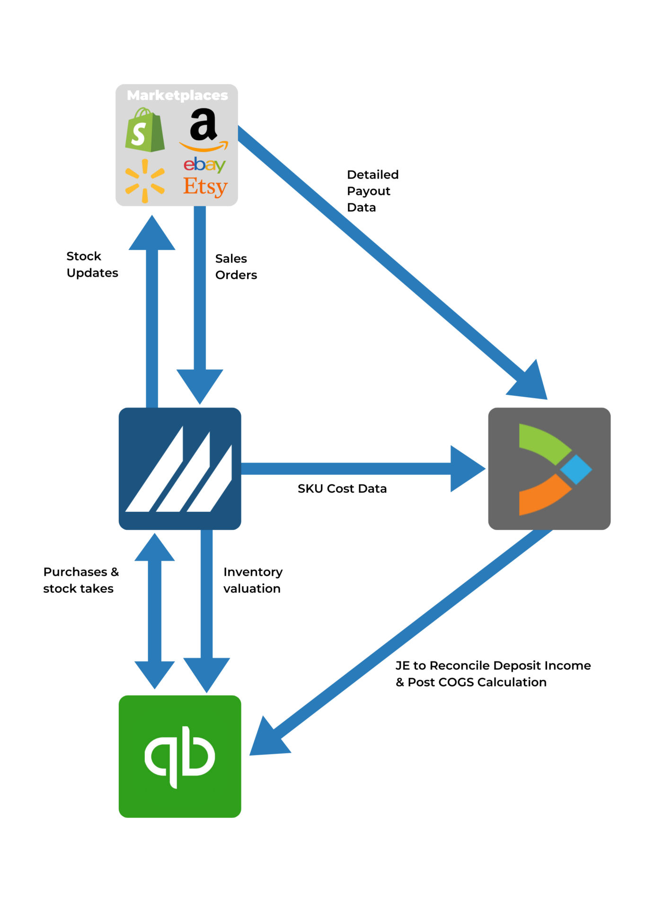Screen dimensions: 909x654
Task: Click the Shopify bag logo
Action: (x=144, y=130)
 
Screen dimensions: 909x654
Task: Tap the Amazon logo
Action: (x=203, y=129)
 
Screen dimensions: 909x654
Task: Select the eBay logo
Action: (x=204, y=165)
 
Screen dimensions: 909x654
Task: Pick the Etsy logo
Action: (x=205, y=187)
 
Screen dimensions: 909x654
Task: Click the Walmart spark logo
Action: (x=145, y=181)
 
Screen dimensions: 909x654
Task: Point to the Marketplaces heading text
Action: (x=177, y=96)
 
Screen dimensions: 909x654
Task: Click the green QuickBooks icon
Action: (x=180, y=756)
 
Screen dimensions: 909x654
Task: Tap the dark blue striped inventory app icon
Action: (x=180, y=468)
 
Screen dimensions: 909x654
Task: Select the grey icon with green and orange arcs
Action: (x=549, y=468)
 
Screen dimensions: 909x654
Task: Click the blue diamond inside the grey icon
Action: (x=576, y=469)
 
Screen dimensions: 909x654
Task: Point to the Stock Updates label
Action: (x=92, y=264)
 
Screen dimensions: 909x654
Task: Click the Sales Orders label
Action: (x=236, y=267)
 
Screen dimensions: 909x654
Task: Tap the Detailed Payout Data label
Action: (x=372, y=191)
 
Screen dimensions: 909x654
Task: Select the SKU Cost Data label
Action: (x=342, y=489)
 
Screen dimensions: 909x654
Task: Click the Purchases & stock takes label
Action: (x=80, y=580)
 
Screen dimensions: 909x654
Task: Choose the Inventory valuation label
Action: (x=253, y=580)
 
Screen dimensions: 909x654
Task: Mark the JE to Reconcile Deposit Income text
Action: (x=493, y=666)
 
